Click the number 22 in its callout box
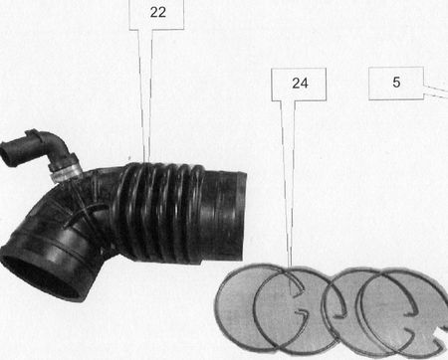point(157,12)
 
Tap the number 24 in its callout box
point(300,84)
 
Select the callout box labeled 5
point(396,84)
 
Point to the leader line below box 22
point(145,96)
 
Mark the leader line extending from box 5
point(436,91)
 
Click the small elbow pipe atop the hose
point(37,152)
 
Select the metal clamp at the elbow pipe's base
point(66,170)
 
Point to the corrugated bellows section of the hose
point(159,212)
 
